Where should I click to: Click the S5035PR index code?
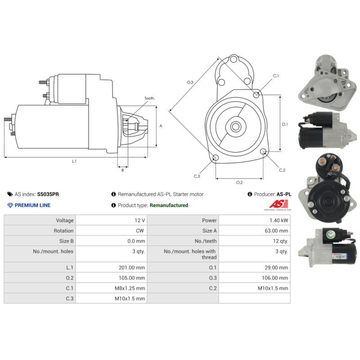tap(48, 194)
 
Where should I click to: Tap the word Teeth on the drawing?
tap(149, 98)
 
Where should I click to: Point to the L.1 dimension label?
tap(74, 161)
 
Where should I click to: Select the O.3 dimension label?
tap(190, 82)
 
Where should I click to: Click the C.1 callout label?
tap(276, 76)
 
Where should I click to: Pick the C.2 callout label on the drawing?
tap(282, 170)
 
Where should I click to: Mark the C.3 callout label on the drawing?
tap(197, 176)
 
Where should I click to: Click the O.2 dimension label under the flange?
tap(239, 182)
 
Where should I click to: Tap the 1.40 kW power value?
tap(279, 220)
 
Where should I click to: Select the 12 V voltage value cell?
tap(139, 220)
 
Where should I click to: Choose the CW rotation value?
tap(141, 231)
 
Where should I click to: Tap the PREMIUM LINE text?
tap(32, 205)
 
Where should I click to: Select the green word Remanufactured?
tap(169, 205)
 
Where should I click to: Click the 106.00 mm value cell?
tap(274, 278)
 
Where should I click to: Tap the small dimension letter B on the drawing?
tap(122, 170)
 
